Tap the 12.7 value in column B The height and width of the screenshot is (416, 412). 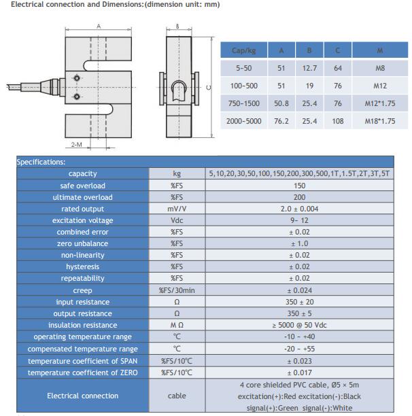coord(309,69)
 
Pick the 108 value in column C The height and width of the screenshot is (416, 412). coord(338,121)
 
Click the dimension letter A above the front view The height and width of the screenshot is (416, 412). coord(99,27)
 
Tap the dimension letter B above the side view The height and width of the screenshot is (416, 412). coord(177,27)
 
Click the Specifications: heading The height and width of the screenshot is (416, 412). coord(41,162)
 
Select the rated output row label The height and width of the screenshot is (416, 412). coord(82,209)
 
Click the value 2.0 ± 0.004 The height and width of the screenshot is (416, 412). coord(299,209)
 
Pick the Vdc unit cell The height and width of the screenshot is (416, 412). coord(177,220)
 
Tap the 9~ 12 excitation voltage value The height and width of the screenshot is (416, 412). coord(299,220)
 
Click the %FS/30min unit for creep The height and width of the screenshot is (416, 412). coord(177,290)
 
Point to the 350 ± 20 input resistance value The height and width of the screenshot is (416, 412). coord(299,302)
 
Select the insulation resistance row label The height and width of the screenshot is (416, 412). coord(82,325)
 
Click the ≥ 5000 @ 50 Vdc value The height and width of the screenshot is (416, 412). coord(299,325)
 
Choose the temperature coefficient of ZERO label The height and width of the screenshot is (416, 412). coord(82,372)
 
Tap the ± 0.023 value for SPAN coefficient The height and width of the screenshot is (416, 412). coord(299,360)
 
